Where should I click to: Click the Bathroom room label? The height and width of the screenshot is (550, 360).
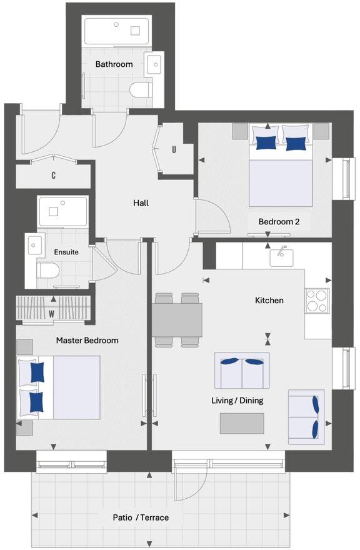click(x=114, y=64)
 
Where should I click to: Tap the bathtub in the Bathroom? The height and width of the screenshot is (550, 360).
click(x=116, y=31)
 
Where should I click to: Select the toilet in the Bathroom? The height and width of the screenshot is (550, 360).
click(x=141, y=91)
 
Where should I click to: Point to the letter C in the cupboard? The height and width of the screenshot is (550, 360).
click(x=54, y=176)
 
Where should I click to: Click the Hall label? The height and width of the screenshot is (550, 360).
click(x=141, y=203)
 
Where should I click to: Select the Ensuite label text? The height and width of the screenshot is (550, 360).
click(x=66, y=252)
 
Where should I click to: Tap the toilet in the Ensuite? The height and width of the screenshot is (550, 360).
click(x=47, y=270)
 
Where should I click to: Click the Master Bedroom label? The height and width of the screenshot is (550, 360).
click(x=87, y=341)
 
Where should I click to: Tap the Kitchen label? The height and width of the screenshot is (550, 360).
click(x=269, y=301)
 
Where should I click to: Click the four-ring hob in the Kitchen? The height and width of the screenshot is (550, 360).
click(x=317, y=300)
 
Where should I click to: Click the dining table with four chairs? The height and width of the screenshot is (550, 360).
click(x=177, y=319)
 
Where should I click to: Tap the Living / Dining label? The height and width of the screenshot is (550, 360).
click(x=237, y=401)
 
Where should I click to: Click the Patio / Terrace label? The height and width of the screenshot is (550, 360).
click(x=141, y=517)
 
